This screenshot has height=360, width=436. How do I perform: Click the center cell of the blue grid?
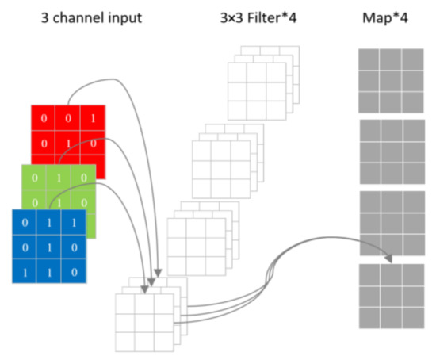pyautogui.click(x=48, y=247)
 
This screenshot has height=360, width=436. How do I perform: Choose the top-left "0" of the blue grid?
pyautogui.click(x=26, y=223)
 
